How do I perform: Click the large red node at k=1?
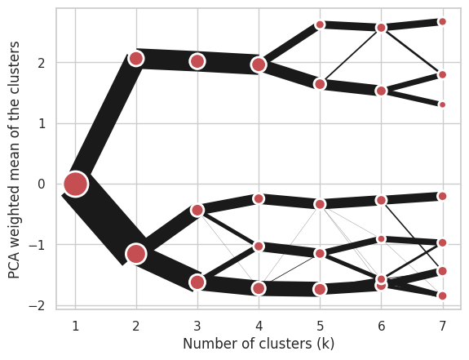click(x=76, y=184)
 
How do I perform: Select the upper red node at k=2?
click(x=136, y=58)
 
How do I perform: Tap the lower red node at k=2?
click(x=136, y=254)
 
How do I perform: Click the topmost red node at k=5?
click(x=320, y=24)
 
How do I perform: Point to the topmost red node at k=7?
click(x=442, y=21)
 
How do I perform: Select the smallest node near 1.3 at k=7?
click(x=442, y=104)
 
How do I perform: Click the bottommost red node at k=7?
click(x=442, y=296)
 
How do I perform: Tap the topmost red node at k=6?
click(x=382, y=28)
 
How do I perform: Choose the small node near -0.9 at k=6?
click(x=382, y=239)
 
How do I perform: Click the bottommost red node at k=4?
click(x=259, y=289)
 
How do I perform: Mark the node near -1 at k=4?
click(x=259, y=247)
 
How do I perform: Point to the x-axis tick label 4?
click(x=259, y=326)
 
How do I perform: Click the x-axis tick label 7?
click(x=442, y=326)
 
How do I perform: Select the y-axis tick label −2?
click(x=37, y=306)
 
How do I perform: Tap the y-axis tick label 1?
click(x=42, y=123)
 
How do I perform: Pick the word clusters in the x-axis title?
click(x=293, y=344)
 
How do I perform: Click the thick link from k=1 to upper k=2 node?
click(x=104, y=118)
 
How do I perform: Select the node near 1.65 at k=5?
click(x=320, y=84)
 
